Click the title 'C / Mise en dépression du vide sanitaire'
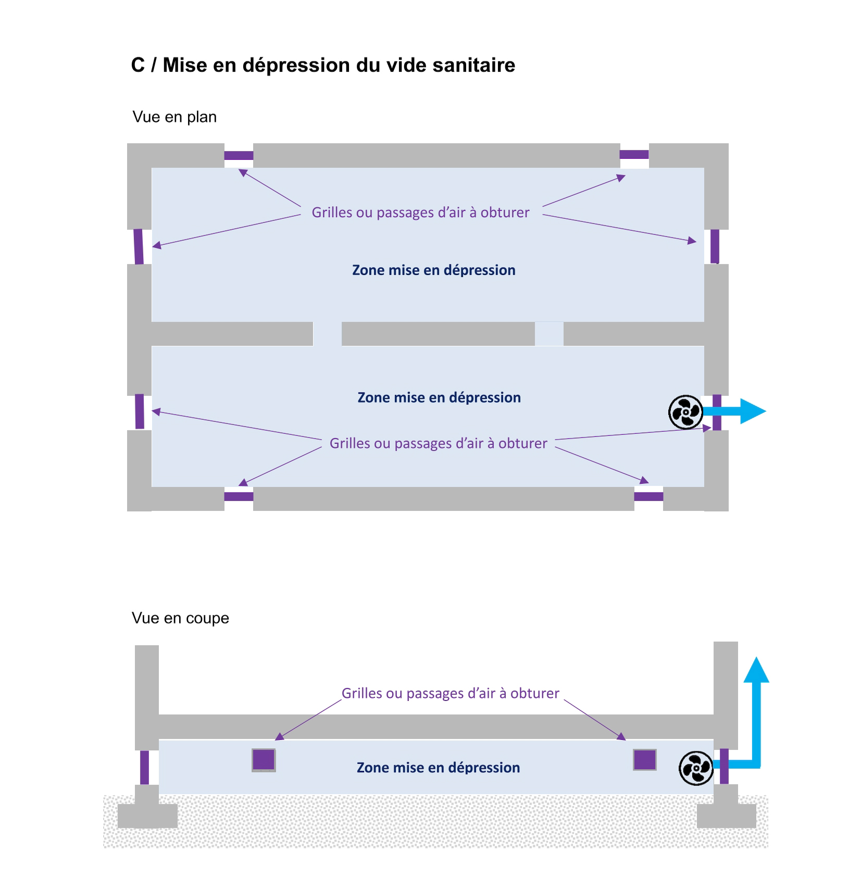[323, 65]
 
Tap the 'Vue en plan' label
[174, 117]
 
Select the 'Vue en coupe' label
[180, 618]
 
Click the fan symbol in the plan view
[685, 412]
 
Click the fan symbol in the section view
[696, 768]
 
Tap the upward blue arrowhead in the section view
[756, 670]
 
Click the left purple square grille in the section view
[264, 760]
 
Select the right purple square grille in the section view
[644, 760]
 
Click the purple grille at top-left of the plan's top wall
[239, 155]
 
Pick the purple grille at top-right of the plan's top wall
[634, 154]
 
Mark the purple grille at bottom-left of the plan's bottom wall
[239, 496]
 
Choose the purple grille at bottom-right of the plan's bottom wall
[648, 496]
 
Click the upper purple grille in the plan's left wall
[139, 246]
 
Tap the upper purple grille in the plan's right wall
[715, 246]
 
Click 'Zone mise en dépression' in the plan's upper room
[433, 270]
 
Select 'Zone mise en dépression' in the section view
[438, 768]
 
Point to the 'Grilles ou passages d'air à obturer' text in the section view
[450, 694]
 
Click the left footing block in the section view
[147, 815]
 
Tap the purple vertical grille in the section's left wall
[144, 767]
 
